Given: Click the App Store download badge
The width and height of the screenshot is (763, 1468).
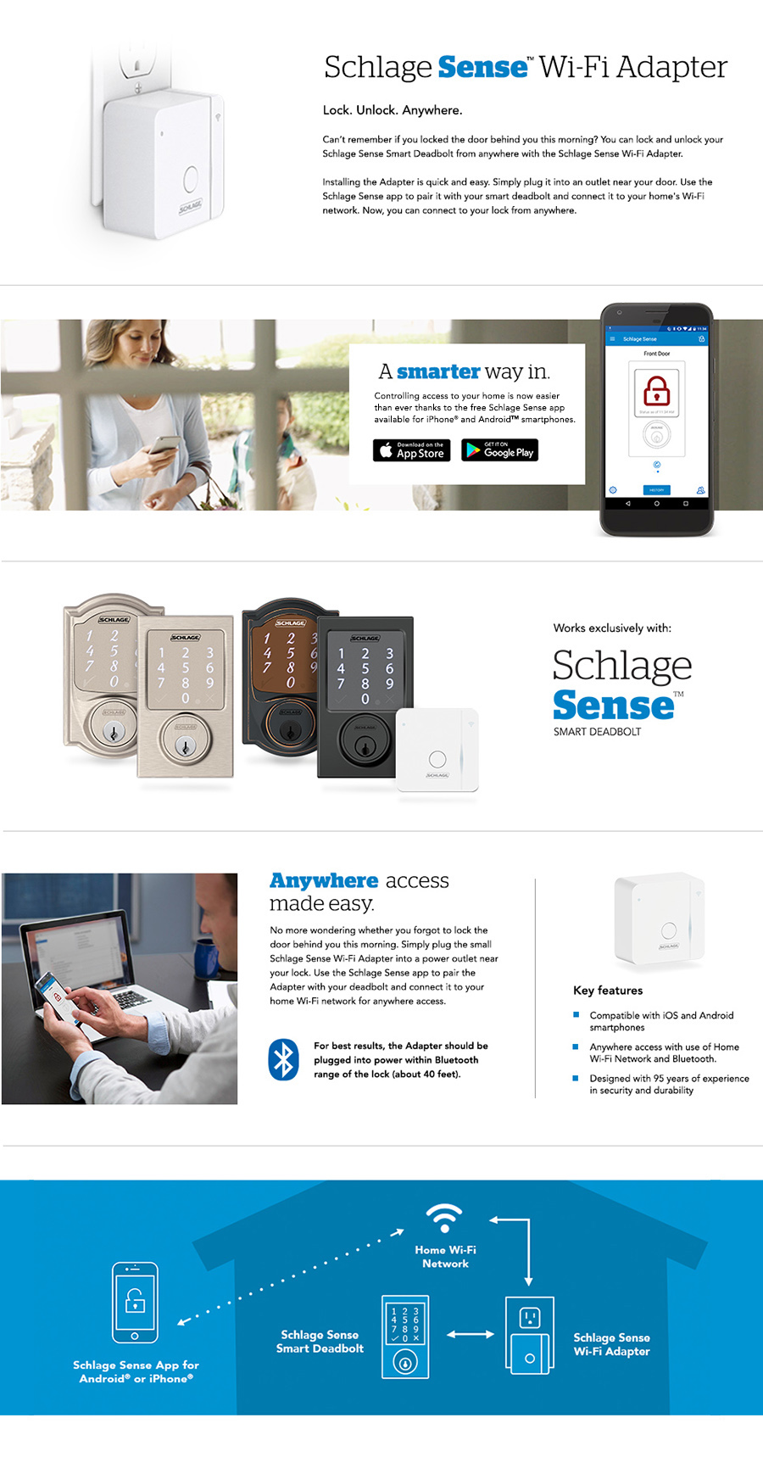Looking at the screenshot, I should click(411, 450).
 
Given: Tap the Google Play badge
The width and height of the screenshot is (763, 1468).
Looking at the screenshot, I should click(499, 450).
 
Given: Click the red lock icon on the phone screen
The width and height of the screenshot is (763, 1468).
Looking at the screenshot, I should click(656, 391).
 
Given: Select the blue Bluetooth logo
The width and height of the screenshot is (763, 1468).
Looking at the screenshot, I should click(284, 1059).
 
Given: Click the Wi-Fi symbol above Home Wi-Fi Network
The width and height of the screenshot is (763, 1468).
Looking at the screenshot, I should click(444, 1218).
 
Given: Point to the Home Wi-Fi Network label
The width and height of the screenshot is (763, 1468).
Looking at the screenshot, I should click(445, 1257).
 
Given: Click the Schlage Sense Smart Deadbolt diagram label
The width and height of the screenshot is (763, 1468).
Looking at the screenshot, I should click(320, 1342).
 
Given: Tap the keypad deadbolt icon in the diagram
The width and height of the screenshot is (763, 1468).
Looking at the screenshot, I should click(404, 1337).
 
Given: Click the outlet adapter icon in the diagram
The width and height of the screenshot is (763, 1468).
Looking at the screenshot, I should click(529, 1335).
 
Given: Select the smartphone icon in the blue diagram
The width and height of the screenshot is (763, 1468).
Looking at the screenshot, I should click(135, 1303).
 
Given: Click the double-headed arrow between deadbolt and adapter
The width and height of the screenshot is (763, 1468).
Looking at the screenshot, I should click(471, 1334).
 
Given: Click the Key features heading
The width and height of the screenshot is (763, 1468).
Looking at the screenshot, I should click(608, 991).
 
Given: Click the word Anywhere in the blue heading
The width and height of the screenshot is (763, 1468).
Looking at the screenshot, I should click(324, 881).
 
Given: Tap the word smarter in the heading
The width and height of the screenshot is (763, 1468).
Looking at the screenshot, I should click(438, 371).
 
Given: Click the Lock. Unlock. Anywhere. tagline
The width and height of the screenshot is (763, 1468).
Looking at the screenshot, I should click(392, 110).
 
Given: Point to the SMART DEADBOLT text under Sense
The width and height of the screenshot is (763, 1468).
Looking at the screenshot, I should click(597, 732).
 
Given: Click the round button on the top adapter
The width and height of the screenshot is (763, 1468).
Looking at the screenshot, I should click(191, 179).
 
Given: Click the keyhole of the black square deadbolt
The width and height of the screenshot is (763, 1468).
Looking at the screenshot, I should click(365, 746).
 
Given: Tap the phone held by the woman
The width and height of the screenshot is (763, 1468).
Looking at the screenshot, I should click(165, 444).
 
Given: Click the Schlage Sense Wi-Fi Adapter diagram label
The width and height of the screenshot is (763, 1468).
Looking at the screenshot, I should click(611, 1344).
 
